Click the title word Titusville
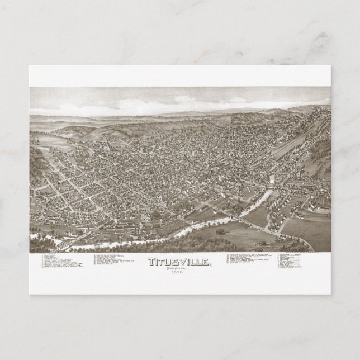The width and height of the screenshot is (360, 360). point(176,260)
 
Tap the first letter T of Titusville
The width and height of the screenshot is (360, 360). point(152,260)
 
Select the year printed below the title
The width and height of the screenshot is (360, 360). point(176,272)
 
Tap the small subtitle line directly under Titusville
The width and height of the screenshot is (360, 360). point(176,267)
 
